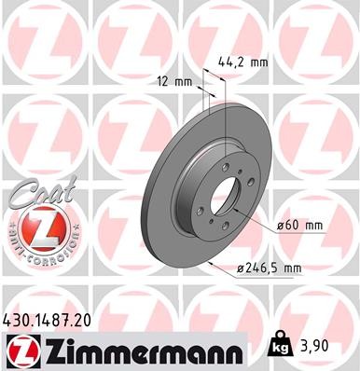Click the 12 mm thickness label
(175, 81)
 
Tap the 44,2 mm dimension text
(245, 62)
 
